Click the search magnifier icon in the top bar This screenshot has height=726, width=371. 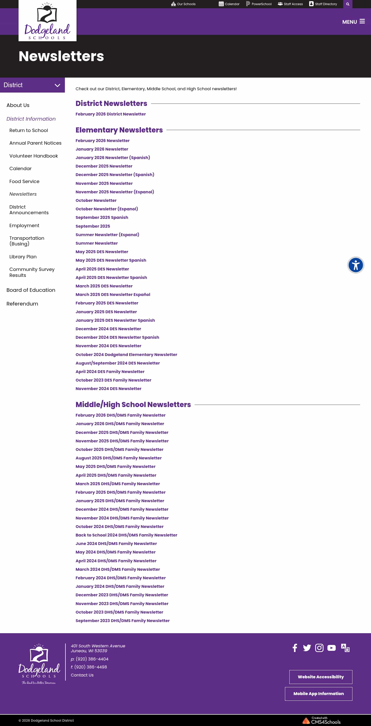pos(347,4)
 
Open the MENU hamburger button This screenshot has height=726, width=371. pos(353,22)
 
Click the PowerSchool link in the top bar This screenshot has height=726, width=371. pos(259,4)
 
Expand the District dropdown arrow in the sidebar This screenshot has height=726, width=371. pos(57,85)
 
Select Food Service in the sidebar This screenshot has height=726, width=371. pos(24,181)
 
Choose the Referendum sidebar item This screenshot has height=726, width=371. pos(22,303)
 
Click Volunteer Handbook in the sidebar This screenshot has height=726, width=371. pos(33,156)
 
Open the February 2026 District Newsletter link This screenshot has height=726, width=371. pos(111,114)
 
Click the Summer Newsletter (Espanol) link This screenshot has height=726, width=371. pos(107,235)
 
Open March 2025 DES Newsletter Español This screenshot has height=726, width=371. pos(113,294)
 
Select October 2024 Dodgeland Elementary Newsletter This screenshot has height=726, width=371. pos(126,354)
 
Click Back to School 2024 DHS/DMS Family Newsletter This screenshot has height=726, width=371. pos(126,535)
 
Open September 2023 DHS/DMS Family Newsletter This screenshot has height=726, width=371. pos(122,621)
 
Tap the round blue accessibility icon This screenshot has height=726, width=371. pos(356,265)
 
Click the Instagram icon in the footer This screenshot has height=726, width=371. pos(319,648)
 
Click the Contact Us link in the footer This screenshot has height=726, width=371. pos(82,675)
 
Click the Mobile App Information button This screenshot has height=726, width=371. pos(318,694)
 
